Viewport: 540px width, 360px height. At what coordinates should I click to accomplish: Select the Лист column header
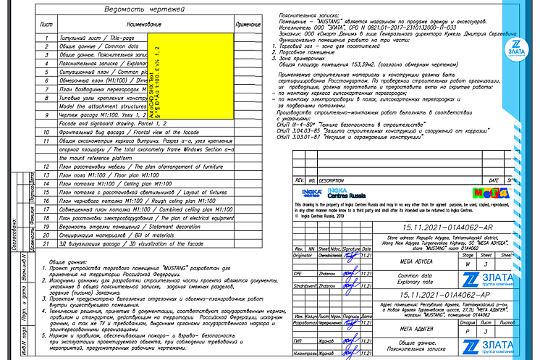coord(46,25)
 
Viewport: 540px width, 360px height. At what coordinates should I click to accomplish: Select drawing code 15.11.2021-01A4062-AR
coord(441,227)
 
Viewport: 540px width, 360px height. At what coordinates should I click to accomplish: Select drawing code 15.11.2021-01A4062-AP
coord(441,296)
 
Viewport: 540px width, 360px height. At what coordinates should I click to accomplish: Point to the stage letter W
coord(468,265)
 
